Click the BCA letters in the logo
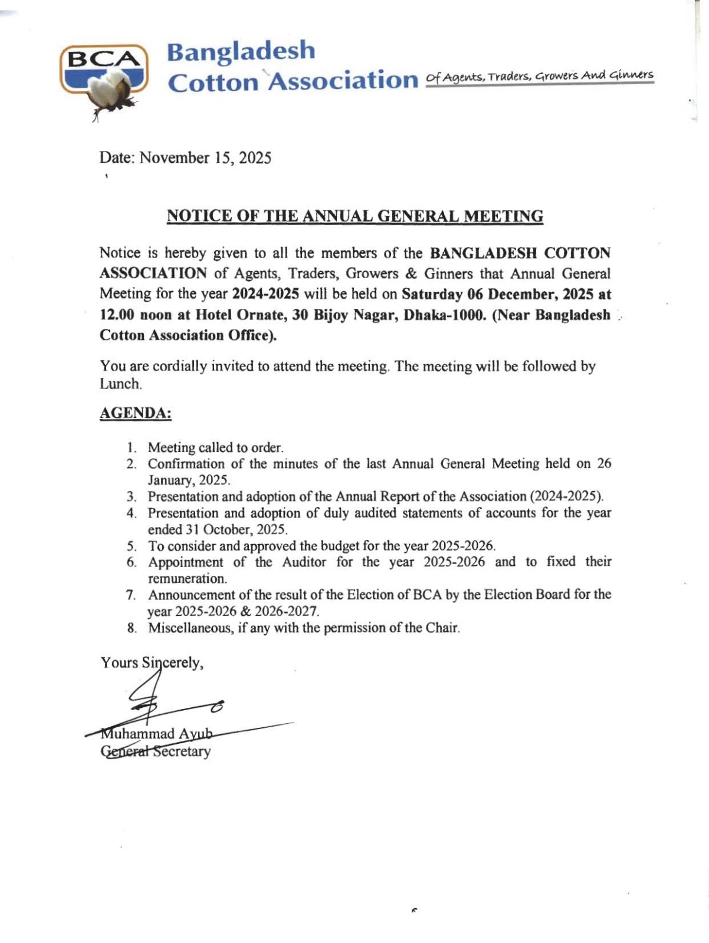click(103, 59)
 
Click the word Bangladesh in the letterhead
click(241, 51)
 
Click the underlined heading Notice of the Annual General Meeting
click(354, 216)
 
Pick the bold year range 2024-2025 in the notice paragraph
click(265, 294)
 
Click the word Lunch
click(120, 384)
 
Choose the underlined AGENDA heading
click(135, 413)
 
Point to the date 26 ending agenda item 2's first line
click(603, 463)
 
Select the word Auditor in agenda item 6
click(304, 562)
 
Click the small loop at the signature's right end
click(218, 705)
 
